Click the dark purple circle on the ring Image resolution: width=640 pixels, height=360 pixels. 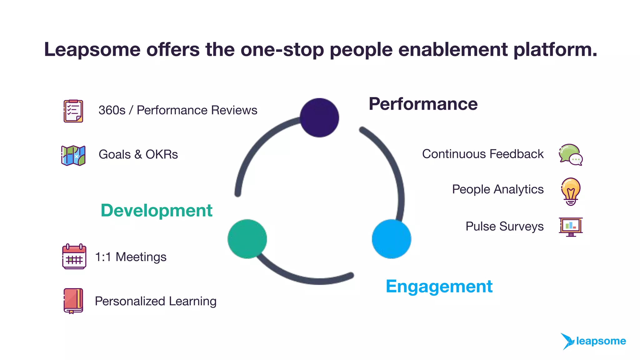pyautogui.click(x=319, y=117)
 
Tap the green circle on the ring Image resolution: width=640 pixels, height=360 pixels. pyautogui.click(x=247, y=239)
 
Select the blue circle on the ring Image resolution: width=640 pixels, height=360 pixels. pyautogui.click(x=391, y=239)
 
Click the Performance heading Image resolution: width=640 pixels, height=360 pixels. pyautogui.click(x=423, y=104)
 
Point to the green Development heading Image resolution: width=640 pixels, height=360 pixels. pyautogui.click(x=156, y=210)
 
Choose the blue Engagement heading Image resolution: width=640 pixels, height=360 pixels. pyautogui.click(x=439, y=286)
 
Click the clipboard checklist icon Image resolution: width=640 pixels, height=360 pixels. pyautogui.click(x=73, y=111)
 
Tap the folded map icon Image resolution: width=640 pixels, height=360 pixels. pyautogui.click(x=73, y=155)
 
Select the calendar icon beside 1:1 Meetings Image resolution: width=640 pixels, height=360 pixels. pyautogui.click(x=74, y=257)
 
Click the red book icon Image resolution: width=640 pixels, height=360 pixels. pyautogui.click(x=73, y=301)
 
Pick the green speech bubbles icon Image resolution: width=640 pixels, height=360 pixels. pyautogui.click(x=570, y=155)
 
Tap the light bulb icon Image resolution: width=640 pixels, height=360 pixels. pyautogui.click(x=571, y=191)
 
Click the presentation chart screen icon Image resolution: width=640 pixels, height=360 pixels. pyautogui.click(x=571, y=227)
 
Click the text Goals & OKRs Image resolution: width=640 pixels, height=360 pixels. pyautogui.click(x=138, y=154)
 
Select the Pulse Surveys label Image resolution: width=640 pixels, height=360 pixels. pyautogui.click(x=504, y=226)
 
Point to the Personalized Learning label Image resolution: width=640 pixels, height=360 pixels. pyautogui.click(x=156, y=301)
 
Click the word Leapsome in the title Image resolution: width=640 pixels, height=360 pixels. pyautogui.click(x=92, y=49)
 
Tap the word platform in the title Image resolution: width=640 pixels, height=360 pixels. pyautogui.click(x=555, y=49)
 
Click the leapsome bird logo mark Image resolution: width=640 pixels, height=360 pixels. pyautogui.click(x=567, y=341)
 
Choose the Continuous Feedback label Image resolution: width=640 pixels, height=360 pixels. pyautogui.click(x=482, y=154)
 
